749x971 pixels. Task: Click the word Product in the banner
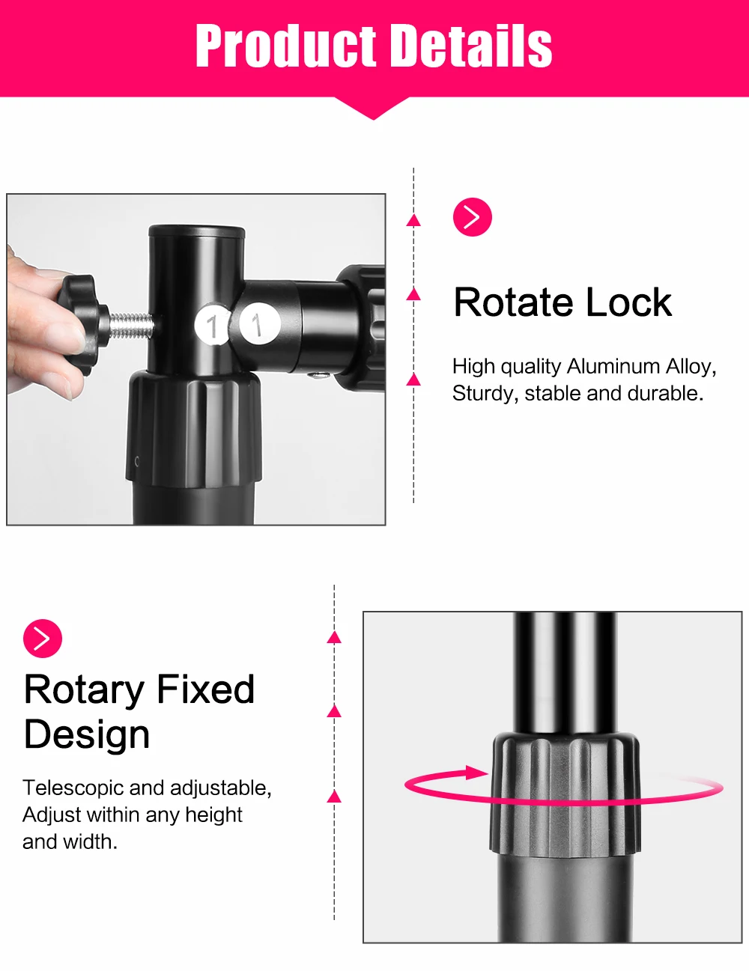286,45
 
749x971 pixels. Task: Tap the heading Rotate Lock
562,302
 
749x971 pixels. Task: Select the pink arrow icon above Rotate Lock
473,216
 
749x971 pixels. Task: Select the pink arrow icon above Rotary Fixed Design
43,638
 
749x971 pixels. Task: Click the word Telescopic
73,788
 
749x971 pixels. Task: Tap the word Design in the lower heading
87,734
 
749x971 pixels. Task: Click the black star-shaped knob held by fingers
83,323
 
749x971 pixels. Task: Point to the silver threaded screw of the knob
131,326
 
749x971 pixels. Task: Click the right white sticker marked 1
259,323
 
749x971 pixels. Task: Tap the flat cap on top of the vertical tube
197,231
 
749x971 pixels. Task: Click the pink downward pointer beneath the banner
374,109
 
